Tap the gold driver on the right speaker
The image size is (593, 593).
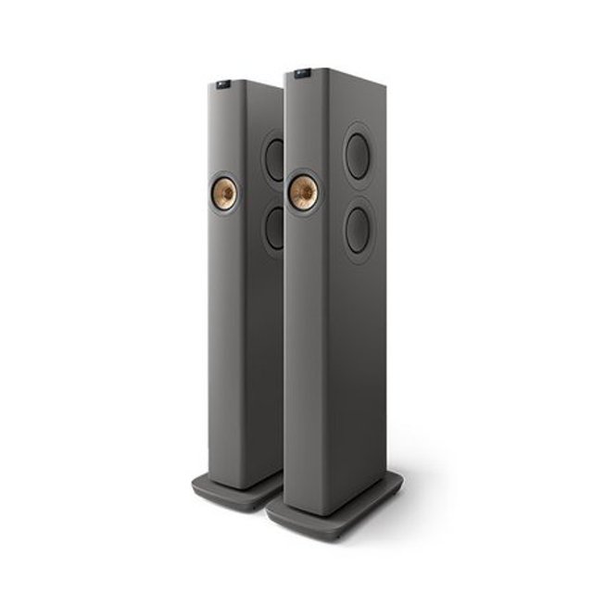point(303,192)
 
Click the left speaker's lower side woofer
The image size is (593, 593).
point(274,227)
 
